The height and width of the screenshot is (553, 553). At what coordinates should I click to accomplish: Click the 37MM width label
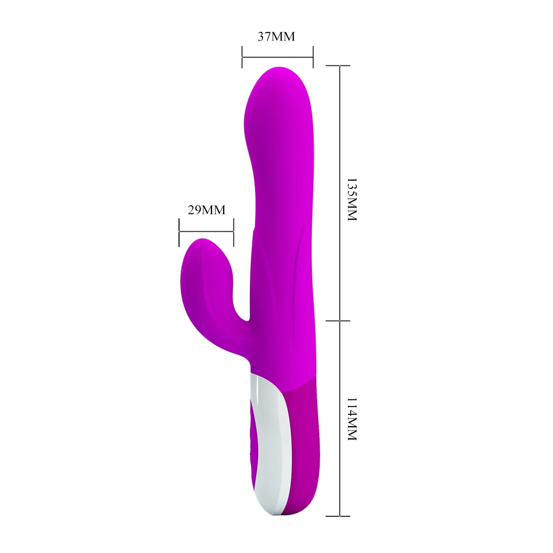276,37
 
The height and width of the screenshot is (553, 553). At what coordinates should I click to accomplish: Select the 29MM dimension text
206,210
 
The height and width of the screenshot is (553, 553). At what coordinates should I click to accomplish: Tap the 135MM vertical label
352,200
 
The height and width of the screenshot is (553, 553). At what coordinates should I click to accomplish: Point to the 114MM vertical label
352,419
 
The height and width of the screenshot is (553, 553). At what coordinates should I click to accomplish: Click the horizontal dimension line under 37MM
277,57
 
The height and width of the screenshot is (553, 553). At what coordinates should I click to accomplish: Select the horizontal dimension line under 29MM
206,232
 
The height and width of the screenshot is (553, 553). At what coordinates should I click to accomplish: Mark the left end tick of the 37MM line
242,57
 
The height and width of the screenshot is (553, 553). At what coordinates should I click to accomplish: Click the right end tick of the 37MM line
313,57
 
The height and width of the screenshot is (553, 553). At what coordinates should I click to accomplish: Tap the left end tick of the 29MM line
179,232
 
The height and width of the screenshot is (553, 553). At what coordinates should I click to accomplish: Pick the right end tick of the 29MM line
233,232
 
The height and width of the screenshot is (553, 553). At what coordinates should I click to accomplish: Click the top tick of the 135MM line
338,66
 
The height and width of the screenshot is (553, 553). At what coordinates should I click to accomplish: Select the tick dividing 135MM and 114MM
338,320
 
